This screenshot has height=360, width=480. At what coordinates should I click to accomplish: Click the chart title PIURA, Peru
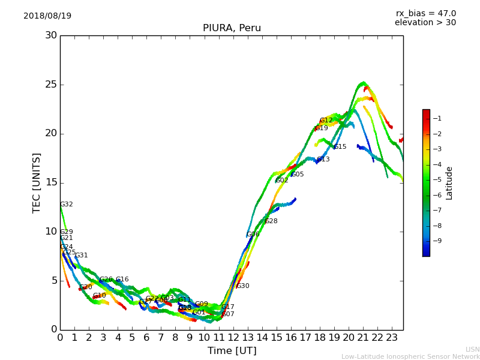[232, 28]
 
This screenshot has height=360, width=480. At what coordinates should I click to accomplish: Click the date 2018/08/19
[47, 16]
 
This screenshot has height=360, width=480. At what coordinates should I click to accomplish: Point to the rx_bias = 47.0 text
[425, 13]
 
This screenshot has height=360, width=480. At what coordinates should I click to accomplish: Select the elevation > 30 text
[425, 23]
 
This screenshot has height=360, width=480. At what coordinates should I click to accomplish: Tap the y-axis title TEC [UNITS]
[37, 182]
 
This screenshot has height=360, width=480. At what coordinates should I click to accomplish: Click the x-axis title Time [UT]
[232, 350]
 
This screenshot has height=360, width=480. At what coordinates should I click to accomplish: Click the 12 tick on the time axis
[233, 337]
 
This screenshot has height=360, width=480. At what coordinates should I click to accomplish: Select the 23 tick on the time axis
[392, 337]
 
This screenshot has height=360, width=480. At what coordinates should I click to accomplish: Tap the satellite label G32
[67, 205]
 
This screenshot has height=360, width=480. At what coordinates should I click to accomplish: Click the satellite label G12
[326, 121]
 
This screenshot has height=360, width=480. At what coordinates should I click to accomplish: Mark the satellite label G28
[271, 221]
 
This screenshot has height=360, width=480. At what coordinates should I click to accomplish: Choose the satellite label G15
[340, 147]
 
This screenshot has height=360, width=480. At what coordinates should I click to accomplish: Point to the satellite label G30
[243, 286]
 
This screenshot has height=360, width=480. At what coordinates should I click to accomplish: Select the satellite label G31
[82, 256]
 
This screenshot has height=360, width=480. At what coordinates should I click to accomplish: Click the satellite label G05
[298, 175]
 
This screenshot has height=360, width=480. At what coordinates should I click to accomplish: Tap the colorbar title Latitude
[449, 182]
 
